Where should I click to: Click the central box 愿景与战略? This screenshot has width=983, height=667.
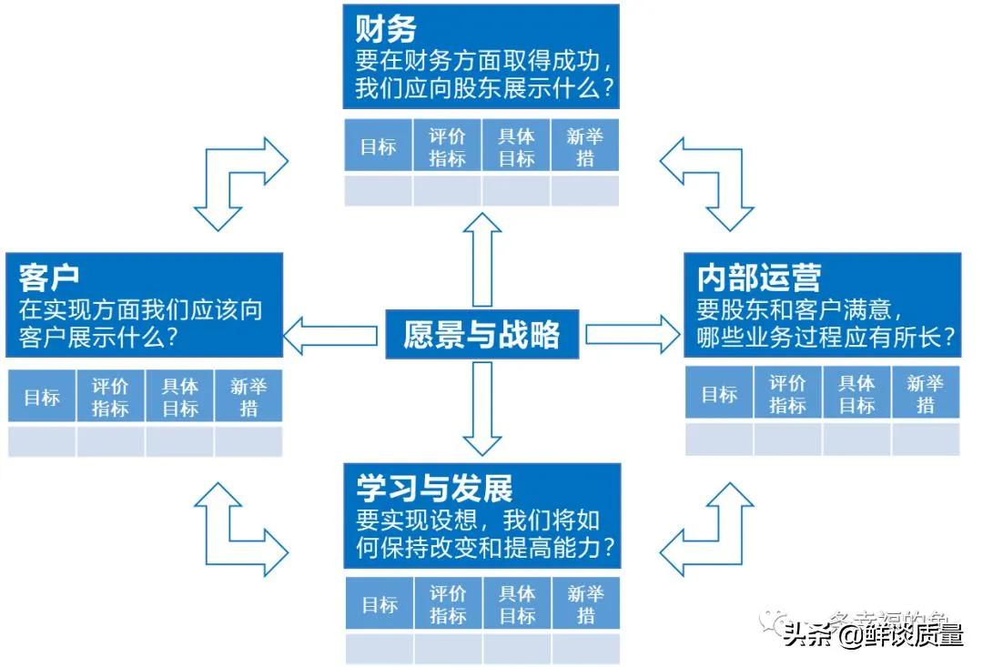(481, 335)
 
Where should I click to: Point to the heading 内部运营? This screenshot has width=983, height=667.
(758, 277)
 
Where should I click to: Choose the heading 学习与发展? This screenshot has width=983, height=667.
(434, 489)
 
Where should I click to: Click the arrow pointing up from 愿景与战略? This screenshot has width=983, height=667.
(481, 259)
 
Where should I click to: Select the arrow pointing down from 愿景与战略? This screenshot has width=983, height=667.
(481, 408)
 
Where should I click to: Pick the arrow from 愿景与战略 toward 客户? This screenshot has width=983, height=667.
(330, 335)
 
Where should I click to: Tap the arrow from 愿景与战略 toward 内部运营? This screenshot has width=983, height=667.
(633, 334)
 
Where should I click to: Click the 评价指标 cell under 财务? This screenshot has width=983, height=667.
(447, 147)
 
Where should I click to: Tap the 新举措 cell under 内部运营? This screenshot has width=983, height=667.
(926, 394)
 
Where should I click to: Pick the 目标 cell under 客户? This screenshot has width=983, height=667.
(42, 397)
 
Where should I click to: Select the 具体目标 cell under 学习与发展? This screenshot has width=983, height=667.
(516, 604)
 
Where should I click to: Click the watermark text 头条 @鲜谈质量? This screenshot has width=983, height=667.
(872, 634)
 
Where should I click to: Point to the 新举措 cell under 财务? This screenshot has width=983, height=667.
(585, 147)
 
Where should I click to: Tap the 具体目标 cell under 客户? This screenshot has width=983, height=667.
(179, 397)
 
